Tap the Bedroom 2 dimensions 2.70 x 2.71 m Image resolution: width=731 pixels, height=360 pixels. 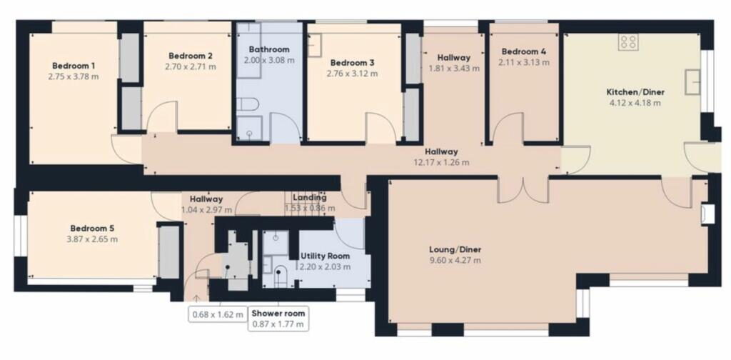click(191, 66)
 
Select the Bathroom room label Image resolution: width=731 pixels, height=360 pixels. click(269, 49)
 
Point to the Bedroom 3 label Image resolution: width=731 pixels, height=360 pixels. click(352, 63)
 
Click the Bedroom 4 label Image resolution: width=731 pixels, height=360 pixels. click(524, 51)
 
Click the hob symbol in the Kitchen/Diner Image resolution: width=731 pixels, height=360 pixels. click(629, 42)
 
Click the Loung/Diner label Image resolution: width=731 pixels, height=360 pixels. click(455, 249)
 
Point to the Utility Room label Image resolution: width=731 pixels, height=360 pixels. click(325, 256)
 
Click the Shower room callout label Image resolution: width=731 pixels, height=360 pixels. click(278, 313)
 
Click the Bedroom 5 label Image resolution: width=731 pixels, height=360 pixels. click(92, 229)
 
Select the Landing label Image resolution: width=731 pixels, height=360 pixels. click(310, 198)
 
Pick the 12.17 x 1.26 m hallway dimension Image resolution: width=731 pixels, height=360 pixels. click(441, 162)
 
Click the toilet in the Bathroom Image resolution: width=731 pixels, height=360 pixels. click(248, 105)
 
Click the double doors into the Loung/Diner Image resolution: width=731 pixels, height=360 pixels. click(524, 189)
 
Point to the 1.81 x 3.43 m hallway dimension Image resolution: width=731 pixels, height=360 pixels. click(453, 69)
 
